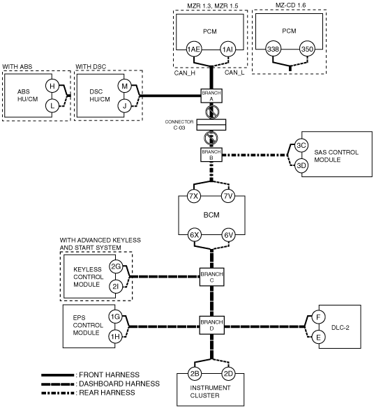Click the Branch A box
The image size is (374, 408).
click(211, 96)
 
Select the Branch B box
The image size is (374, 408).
click(211, 155)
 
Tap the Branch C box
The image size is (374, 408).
click(211, 277)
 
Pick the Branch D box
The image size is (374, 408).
click(211, 325)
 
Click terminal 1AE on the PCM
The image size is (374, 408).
click(194, 50)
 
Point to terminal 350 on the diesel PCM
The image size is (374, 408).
click(307, 49)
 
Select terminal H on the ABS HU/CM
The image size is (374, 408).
click(52, 86)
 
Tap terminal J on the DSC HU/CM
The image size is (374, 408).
click(124, 106)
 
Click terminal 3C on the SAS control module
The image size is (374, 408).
click(301, 145)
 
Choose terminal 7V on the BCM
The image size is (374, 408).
click(228, 196)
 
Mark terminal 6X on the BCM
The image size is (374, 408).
click(195, 235)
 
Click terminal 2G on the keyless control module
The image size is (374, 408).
click(116, 266)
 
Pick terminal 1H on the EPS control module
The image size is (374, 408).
click(115, 336)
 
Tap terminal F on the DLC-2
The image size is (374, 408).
click(318, 317)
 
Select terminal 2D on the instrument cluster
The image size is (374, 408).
click(228, 374)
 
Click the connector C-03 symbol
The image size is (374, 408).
click(211, 125)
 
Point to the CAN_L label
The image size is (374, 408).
click(234, 73)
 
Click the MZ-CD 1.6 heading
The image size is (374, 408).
click(291, 5)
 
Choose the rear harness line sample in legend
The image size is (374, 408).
click(57, 393)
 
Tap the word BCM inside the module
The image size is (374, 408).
click(211, 215)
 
